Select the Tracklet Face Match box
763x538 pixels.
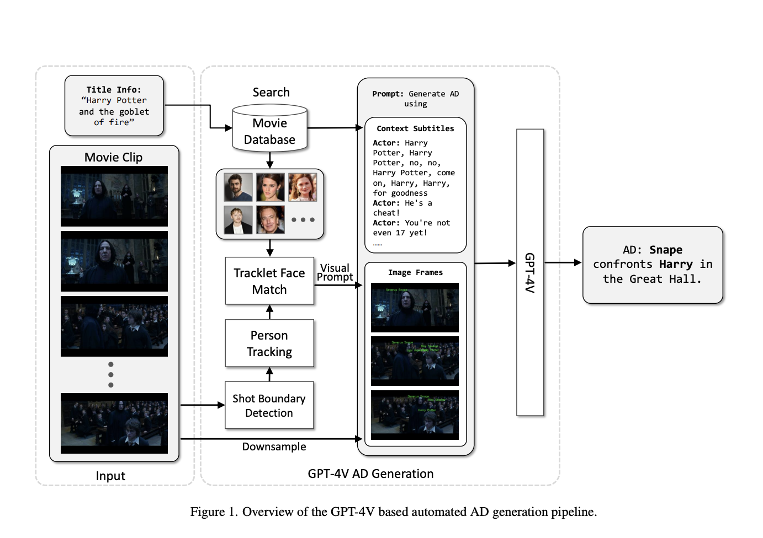[269, 281]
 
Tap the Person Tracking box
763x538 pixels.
[269, 343]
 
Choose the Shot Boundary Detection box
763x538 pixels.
[269, 405]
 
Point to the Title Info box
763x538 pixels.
[114, 106]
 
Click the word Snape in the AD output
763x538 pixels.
[666, 250]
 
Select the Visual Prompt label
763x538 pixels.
[335, 272]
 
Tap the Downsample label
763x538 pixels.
[274, 446]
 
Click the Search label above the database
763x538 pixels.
[271, 92]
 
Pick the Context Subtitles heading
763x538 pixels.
[415, 128]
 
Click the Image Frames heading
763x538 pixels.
[415, 272]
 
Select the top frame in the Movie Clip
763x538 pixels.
[114, 196]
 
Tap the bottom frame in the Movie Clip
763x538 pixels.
[114, 423]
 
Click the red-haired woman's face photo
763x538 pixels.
[303, 187]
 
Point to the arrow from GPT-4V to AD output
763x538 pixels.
[563, 263]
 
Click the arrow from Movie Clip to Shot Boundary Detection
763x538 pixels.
[202, 405]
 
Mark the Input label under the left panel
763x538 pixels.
[110, 476]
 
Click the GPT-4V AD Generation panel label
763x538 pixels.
[370, 474]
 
